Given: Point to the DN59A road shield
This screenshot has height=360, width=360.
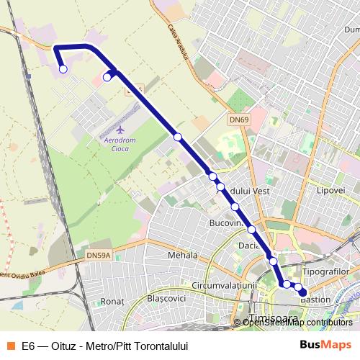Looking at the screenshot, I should [99, 254].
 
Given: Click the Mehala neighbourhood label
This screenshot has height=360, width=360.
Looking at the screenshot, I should [181, 255].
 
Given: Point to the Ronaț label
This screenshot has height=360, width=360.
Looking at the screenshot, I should [113, 301].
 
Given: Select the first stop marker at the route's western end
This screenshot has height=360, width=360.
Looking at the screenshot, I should [63, 69].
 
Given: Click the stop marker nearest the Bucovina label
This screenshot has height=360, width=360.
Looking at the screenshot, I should [235, 207].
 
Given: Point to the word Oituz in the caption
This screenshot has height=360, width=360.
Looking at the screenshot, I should [64, 346].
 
